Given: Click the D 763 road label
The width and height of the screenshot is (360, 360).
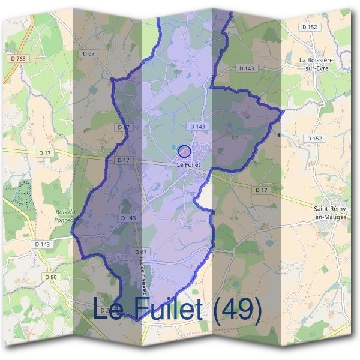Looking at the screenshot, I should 19,58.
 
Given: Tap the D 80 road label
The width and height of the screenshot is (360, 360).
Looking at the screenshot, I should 50,277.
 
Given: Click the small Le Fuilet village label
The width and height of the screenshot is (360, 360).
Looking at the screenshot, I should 188,165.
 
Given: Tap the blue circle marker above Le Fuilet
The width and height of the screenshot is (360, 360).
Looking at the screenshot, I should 184,151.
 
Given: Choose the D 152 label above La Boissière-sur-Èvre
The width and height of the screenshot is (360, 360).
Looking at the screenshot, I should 310,27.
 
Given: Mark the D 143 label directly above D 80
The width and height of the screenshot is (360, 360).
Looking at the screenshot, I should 42,244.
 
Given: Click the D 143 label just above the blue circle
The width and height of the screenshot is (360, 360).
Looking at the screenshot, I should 197,127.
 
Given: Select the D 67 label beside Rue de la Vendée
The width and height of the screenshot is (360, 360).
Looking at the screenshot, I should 141,251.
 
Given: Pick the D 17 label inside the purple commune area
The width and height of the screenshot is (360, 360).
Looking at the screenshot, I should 124,160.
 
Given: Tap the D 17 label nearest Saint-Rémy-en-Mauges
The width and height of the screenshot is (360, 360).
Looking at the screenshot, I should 261,190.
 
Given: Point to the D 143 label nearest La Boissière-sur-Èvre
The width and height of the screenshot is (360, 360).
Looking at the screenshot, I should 247,68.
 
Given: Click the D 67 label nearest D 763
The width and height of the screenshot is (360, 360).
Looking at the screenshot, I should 88,54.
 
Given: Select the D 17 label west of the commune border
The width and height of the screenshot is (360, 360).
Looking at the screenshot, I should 44,153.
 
